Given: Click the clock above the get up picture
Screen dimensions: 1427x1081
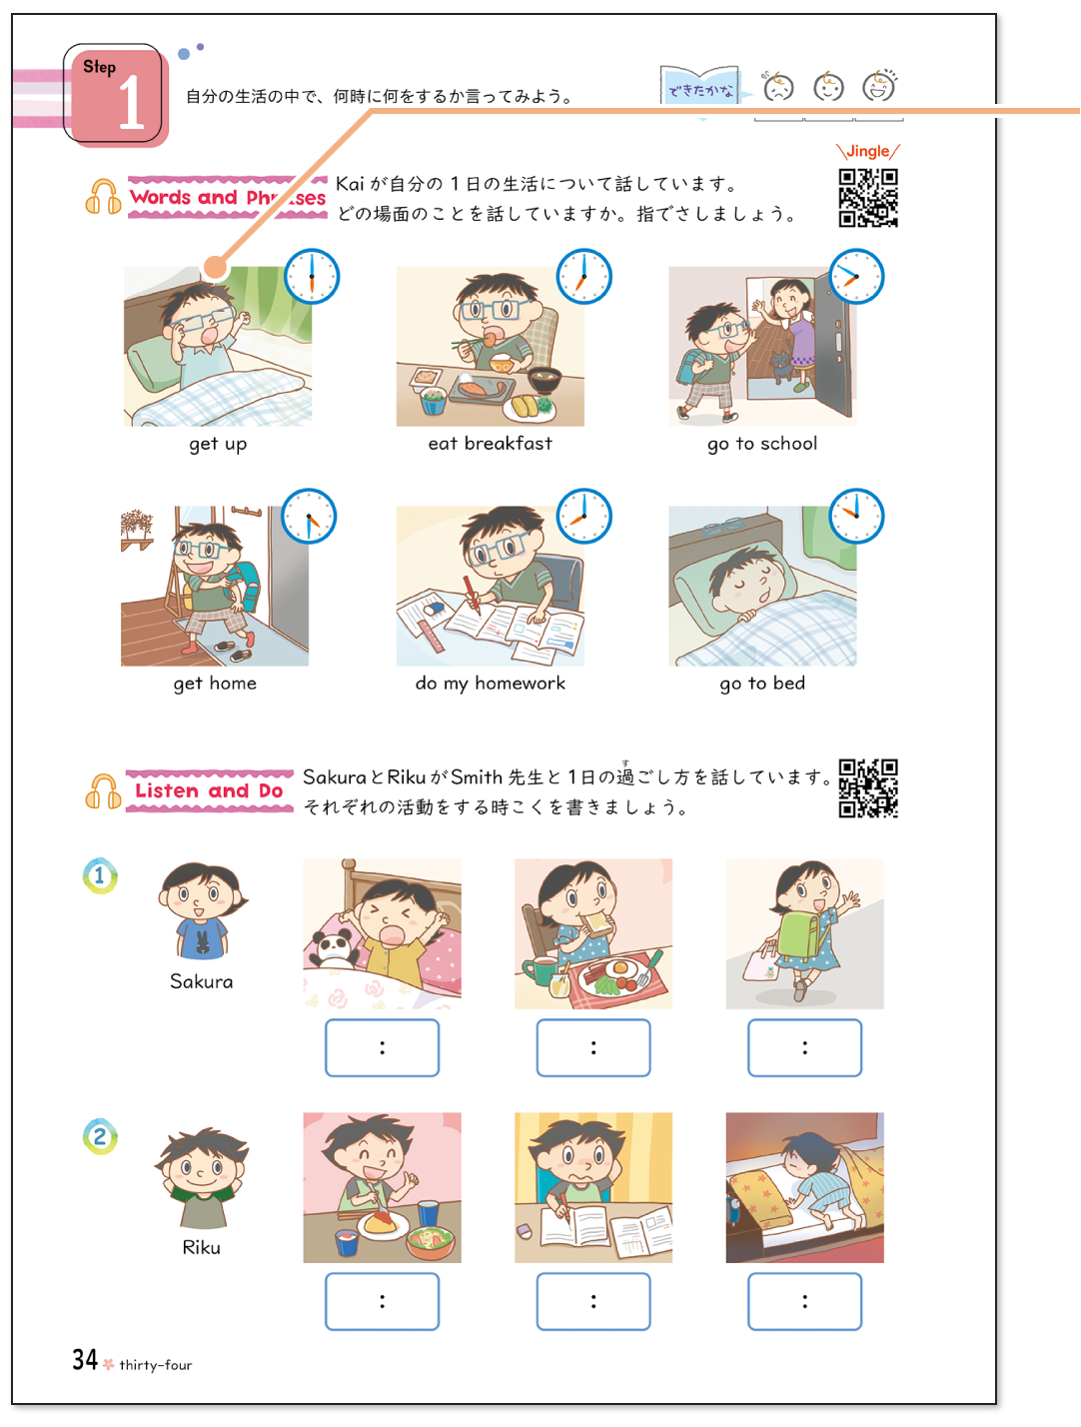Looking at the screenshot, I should point(312,277).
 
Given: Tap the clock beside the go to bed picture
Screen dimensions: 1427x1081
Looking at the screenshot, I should point(856,517).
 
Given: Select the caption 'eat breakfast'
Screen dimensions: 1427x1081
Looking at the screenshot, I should point(490,444).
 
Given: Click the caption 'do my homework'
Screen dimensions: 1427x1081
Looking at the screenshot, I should point(490,684).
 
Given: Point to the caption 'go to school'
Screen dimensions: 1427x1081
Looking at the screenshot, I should point(762,444).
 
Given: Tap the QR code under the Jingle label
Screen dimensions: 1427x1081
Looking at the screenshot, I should point(868,198).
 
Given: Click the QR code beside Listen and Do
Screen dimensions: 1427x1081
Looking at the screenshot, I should point(868,788).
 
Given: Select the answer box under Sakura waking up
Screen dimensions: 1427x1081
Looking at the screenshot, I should point(382,1047).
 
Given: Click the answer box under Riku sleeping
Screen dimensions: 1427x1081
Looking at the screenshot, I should point(804,1301).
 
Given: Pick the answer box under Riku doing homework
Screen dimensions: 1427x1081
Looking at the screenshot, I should point(593,1301).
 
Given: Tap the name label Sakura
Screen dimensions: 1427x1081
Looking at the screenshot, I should point(201,981).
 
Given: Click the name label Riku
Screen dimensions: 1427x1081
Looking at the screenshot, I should point(201,1247).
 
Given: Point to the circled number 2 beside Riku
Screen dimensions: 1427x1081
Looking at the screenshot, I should point(100,1136).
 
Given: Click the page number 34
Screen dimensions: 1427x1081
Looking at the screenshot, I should point(85,1360).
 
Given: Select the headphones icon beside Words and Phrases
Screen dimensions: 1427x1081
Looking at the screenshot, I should point(103,197).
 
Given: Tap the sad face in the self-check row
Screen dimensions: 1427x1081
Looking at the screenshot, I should point(777,88).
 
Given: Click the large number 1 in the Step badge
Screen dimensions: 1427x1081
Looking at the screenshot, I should point(131,103).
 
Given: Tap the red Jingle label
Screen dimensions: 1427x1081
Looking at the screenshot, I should point(867,151).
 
